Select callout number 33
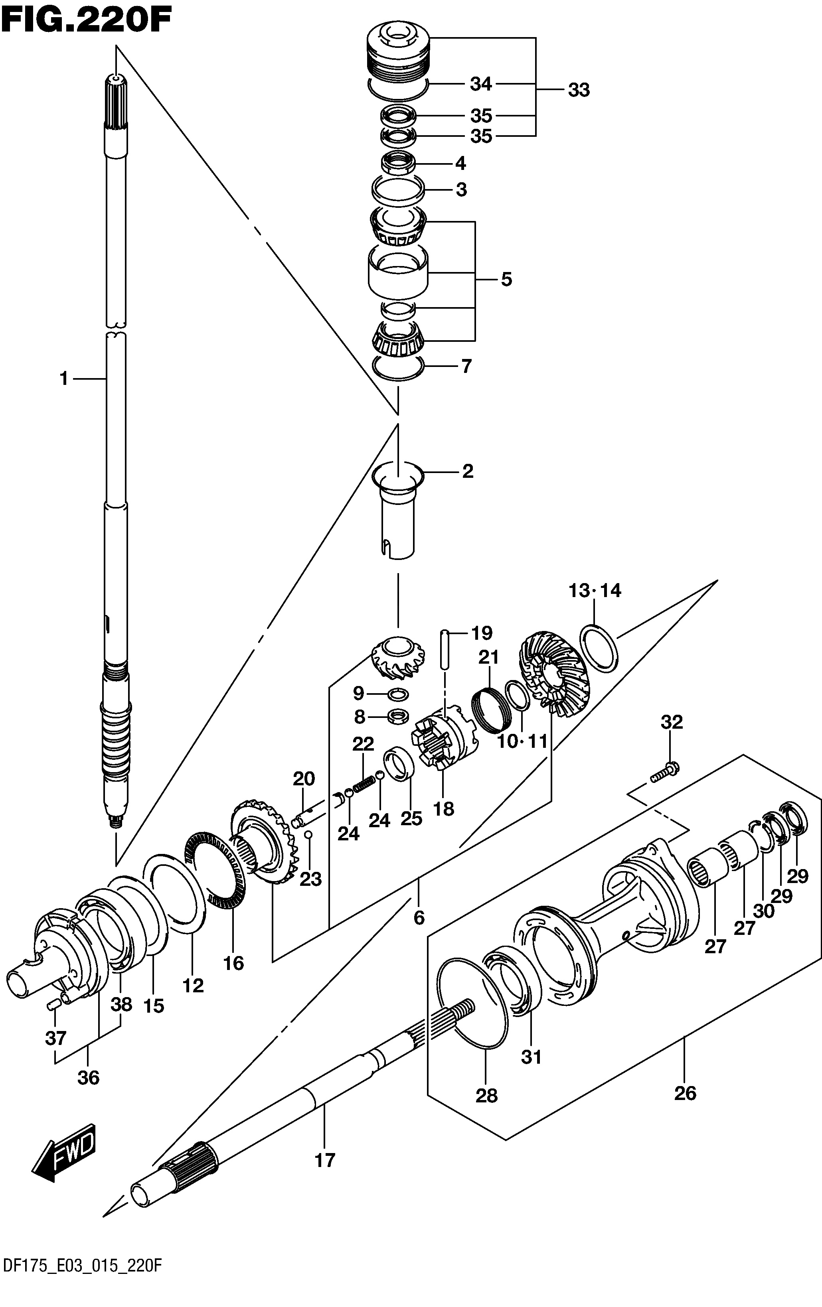click(578, 90)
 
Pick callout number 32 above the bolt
click(671, 722)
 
